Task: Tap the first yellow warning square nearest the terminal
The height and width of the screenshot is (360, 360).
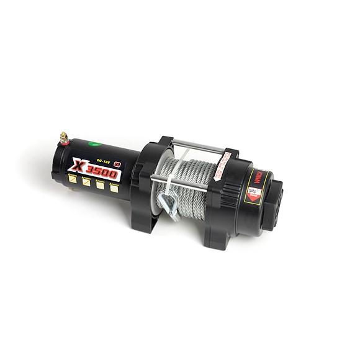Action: click(x=74, y=179)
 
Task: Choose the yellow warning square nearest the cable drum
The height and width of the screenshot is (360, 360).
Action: click(x=114, y=188)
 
